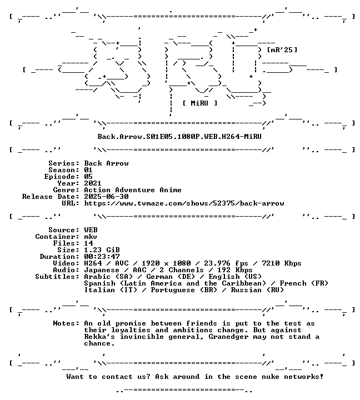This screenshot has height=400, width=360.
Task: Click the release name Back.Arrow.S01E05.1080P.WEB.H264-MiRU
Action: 179,137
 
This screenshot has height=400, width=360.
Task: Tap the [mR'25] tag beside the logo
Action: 282,50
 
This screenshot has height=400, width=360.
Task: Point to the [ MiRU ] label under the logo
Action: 200,103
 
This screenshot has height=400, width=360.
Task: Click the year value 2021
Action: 93,183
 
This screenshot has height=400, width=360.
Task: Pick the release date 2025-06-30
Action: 107,197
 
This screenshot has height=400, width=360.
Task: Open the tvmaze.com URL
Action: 184,203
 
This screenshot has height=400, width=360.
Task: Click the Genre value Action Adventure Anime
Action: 133,190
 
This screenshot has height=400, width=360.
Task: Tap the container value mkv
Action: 91,237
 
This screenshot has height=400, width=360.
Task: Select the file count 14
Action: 88,243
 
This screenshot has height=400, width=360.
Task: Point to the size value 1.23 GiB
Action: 102,250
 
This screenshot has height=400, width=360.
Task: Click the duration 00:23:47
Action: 102,257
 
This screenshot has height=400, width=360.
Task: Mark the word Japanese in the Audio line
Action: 102,270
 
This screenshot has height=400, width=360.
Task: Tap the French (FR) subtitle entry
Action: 304,283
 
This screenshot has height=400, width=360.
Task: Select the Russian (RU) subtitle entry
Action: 257,290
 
